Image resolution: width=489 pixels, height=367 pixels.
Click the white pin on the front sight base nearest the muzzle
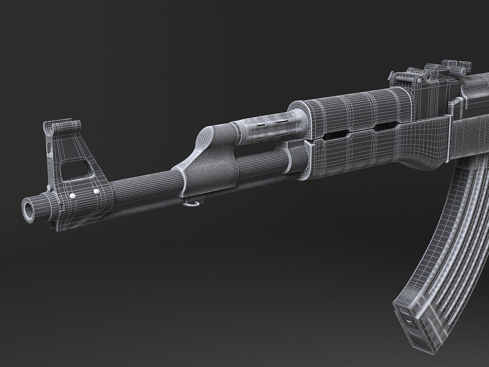click(73, 196)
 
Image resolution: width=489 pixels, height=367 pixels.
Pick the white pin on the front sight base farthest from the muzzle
click(97, 192)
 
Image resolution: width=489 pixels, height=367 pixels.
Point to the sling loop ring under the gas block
click(191, 204)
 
